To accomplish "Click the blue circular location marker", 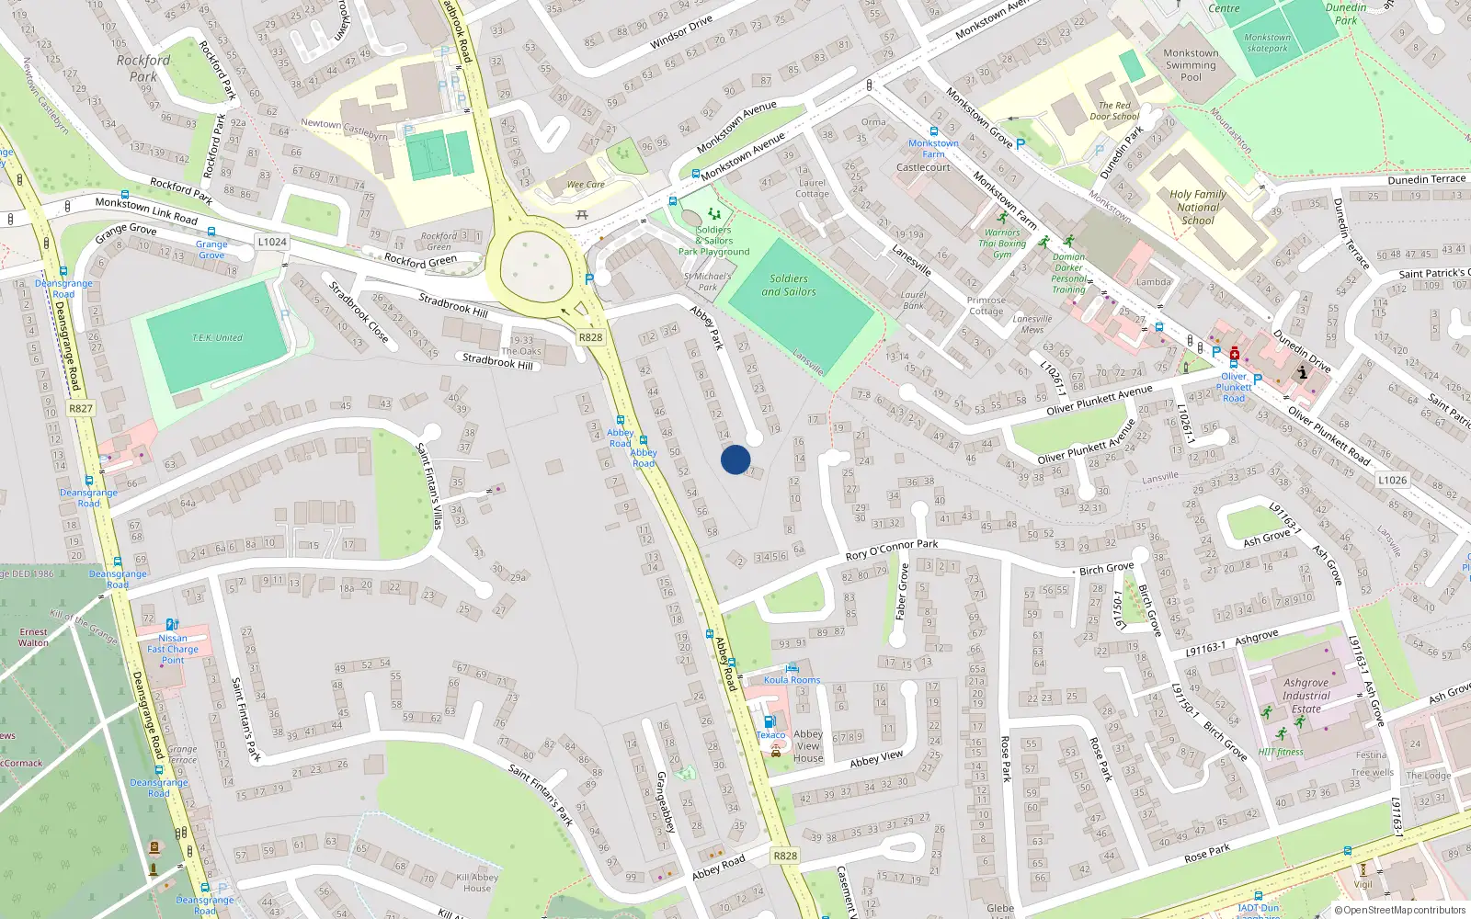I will [x=735, y=459].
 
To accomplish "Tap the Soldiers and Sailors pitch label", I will [x=788, y=285].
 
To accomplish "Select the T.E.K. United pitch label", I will [x=217, y=337].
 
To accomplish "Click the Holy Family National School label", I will [x=1198, y=207].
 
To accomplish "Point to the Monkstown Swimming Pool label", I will [x=1191, y=65].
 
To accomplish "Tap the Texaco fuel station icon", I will [x=770, y=721].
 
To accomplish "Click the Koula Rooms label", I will [x=792, y=680].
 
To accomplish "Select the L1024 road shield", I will [x=272, y=242].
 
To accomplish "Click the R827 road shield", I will [x=81, y=408].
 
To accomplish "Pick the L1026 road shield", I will [x=1392, y=480].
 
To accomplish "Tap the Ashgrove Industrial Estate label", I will [x=1306, y=696].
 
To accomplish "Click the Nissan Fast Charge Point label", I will [x=173, y=649].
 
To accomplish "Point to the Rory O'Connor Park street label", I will [x=892, y=550].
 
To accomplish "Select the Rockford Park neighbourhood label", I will [x=143, y=68].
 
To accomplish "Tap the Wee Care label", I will [x=586, y=185].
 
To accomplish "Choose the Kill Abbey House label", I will [x=477, y=882].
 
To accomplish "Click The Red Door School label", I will [x=1114, y=111].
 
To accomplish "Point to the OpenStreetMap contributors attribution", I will [x=1401, y=910].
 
